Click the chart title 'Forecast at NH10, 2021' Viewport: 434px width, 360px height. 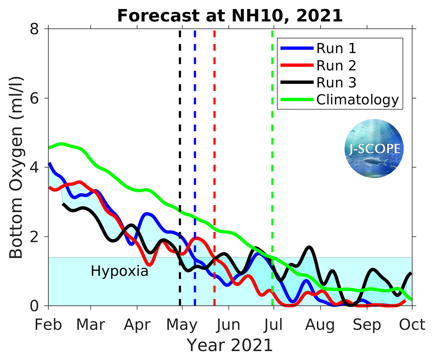click(230, 16)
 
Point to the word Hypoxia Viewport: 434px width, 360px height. click(119, 271)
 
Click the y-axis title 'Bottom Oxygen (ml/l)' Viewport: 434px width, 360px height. click(16, 167)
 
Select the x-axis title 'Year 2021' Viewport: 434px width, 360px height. click(230, 345)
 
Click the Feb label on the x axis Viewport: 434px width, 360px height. click(48, 324)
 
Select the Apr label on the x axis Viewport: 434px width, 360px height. click(137, 324)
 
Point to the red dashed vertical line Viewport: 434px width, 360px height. click(214, 87)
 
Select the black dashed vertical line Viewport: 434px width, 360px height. click(180, 87)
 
